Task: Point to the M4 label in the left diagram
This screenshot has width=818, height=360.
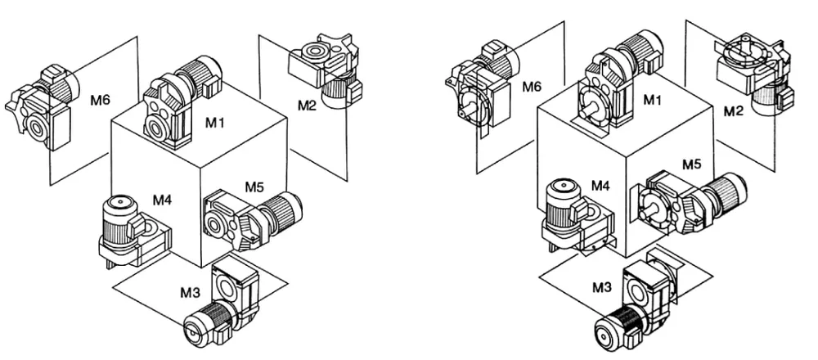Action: (x=162, y=200)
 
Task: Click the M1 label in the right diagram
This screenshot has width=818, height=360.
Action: (x=652, y=100)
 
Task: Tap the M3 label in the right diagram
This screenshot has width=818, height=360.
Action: (x=602, y=287)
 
